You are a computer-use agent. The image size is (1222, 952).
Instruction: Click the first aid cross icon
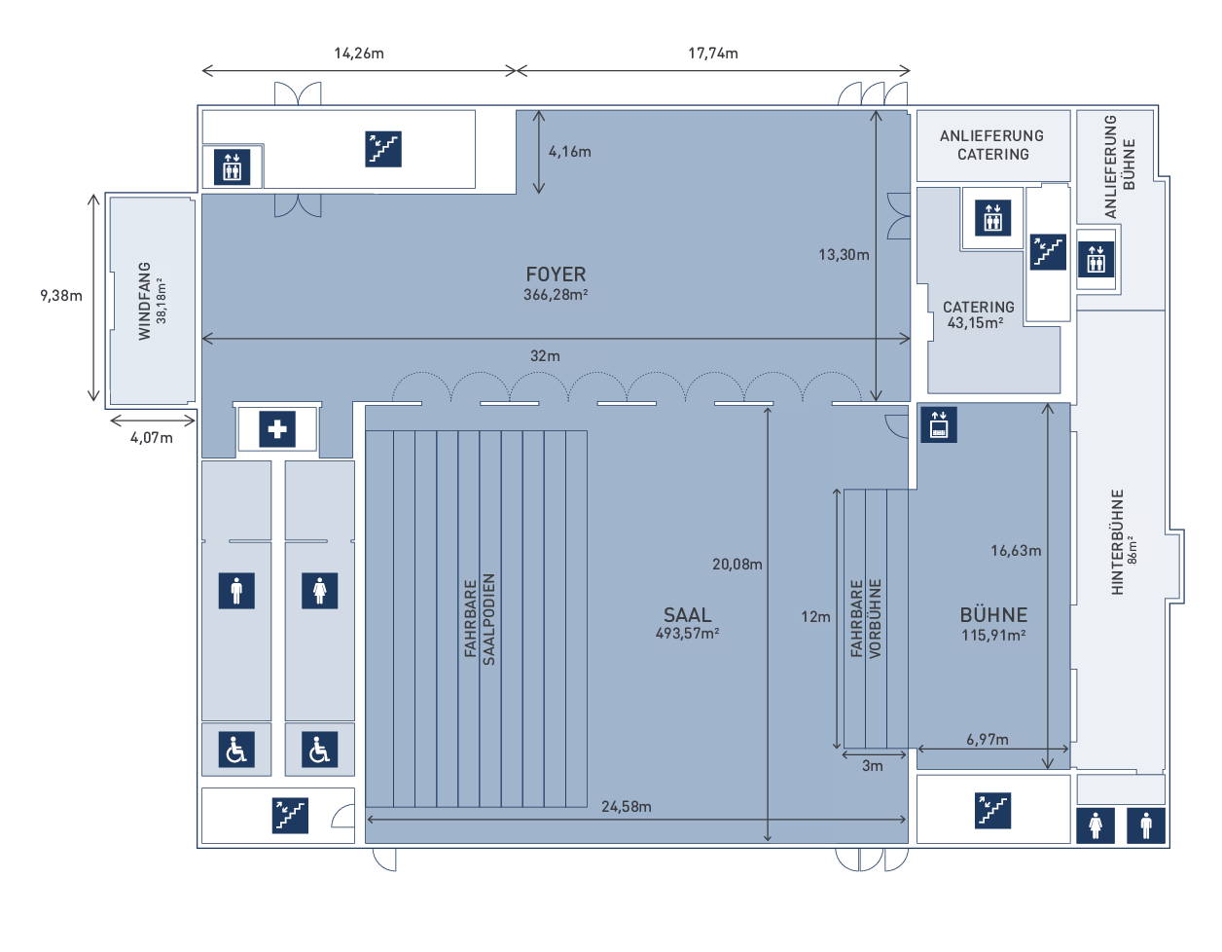point(277,429)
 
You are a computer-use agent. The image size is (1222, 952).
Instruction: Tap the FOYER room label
point(556,275)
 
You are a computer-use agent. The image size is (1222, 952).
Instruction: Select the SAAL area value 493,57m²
point(687,634)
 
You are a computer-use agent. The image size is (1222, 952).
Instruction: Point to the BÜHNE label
point(993,614)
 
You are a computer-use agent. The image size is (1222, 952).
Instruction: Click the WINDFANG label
point(145,301)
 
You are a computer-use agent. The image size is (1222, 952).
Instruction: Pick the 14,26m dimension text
point(359,54)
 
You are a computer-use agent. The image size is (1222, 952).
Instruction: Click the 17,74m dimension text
point(713,54)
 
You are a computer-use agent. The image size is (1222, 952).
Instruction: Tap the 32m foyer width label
point(545,356)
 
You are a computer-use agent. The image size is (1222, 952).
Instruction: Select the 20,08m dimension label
point(737,565)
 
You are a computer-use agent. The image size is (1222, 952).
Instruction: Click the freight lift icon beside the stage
point(939,424)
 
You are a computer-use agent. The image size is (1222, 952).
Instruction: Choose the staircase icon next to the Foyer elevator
point(383,149)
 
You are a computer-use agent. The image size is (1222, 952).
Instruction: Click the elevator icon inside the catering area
point(992,218)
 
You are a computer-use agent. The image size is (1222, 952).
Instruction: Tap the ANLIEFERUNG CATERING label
point(992,145)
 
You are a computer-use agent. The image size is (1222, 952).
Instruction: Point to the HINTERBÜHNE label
point(1117,541)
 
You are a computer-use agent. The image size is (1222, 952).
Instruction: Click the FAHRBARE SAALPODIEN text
point(480,619)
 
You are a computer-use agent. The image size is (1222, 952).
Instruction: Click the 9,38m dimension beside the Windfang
point(60,295)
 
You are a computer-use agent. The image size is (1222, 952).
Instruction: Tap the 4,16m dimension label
point(570,151)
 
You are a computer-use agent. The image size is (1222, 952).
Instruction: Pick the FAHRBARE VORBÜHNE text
point(866,618)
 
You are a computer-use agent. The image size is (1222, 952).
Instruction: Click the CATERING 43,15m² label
point(978,314)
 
